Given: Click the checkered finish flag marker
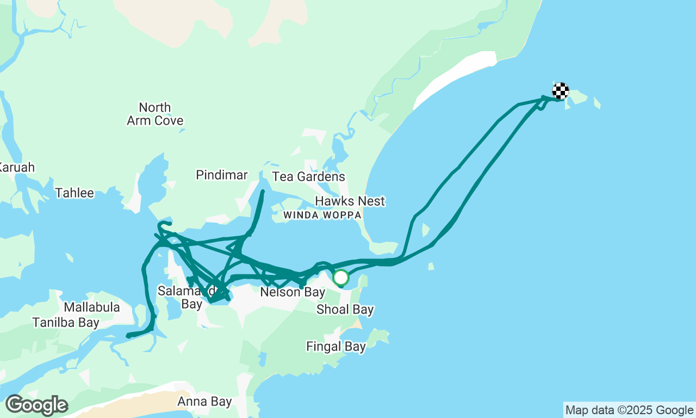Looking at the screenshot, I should [561, 90].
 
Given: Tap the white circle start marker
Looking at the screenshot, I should [341, 278].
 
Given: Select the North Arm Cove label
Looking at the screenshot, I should [155, 114].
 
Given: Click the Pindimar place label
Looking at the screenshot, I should [222, 175].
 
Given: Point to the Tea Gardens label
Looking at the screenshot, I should [308, 176].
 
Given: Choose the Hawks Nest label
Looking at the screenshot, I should [350, 201].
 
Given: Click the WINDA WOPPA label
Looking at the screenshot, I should [322, 215].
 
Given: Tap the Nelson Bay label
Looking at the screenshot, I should [293, 292].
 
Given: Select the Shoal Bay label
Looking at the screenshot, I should [345, 310].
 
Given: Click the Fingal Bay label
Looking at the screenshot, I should [336, 346].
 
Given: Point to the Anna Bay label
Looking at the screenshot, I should [204, 402].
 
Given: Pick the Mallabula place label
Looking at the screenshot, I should [91, 308].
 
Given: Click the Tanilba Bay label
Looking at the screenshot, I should [66, 323].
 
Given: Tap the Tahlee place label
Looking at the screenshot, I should [74, 193].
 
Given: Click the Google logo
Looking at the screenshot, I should [36, 405].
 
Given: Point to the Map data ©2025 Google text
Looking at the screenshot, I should [629, 410].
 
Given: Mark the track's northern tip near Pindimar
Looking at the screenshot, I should [263, 192].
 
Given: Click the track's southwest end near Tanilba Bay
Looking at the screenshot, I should [128, 336].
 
